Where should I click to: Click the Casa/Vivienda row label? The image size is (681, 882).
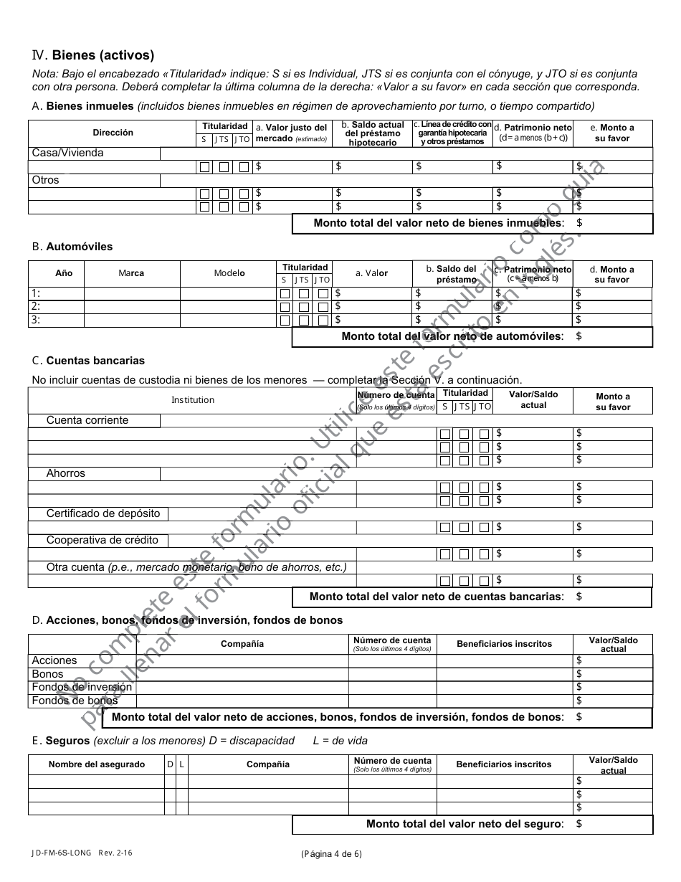click(67, 153)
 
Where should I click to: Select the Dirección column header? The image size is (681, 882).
click(113, 133)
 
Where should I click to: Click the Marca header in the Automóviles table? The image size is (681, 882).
click(131, 273)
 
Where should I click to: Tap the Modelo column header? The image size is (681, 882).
click(229, 273)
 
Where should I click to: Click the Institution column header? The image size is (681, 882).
click(192, 400)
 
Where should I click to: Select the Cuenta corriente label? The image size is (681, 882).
click(87, 420)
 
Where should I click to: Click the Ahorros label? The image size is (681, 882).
click(66, 473)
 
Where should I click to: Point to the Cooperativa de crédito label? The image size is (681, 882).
click(103, 540)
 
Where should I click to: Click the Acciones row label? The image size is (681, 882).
click(54, 660)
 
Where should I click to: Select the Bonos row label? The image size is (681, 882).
click(47, 674)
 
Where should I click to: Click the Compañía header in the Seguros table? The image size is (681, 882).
click(268, 764)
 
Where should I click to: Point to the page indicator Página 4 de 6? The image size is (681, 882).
click(331, 853)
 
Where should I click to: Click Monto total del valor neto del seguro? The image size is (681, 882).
click(465, 824)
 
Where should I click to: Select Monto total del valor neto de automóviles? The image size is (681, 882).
click(452, 336)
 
